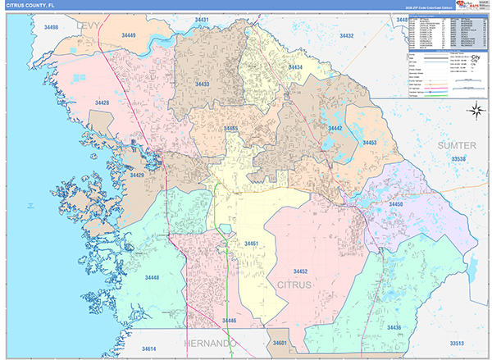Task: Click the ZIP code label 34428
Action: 102,103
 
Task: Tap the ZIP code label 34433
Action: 203,84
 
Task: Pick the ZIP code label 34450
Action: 395,204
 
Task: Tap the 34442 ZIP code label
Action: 335,129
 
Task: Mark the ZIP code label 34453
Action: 370,143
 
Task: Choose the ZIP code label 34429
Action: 135,175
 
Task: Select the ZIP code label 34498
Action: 50,28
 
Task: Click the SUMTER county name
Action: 457,144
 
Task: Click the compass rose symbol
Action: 476,111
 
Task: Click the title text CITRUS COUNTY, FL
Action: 37,6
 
